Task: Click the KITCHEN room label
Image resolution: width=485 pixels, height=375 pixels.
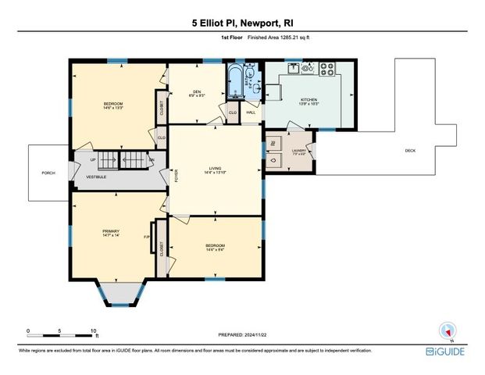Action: point(309,100)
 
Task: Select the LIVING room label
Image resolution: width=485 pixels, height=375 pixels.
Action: point(215,167)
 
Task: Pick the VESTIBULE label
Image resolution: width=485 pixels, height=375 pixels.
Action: point(96,177)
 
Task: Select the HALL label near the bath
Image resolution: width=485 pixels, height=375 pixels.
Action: point(251,112)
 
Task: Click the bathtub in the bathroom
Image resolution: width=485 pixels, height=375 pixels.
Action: point(234,78)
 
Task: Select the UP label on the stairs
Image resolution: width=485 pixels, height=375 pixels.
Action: point(93,160)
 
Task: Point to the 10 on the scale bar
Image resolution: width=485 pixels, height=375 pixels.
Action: point(94,330)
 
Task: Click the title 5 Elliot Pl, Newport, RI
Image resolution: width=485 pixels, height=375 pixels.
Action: point(242,23)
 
